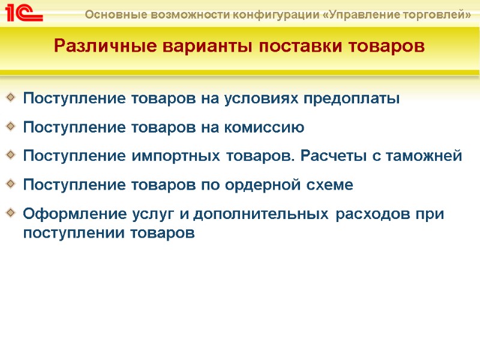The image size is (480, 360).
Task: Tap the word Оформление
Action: point(66,214)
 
